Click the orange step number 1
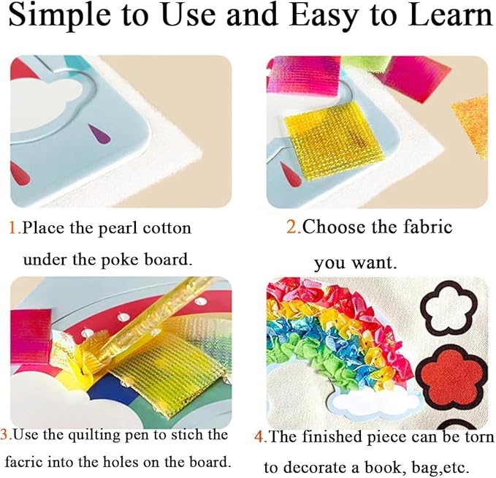tap(14, 228)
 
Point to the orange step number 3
tap(5, 436)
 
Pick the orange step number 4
tap(259, 436)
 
